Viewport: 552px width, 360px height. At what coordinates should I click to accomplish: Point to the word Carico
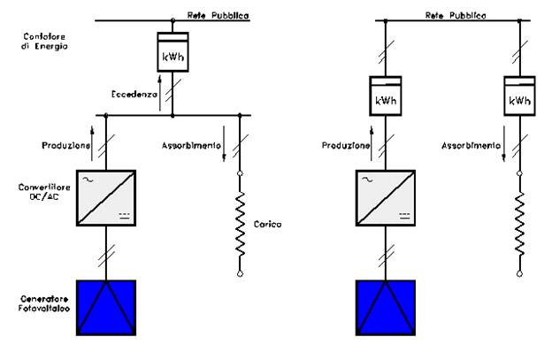click(x=266, y=225)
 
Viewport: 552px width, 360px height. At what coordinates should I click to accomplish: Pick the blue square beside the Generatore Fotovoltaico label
click(x=106, y=309)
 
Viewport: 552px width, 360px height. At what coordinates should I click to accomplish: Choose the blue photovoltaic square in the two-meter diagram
click(x=384, y=309)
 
